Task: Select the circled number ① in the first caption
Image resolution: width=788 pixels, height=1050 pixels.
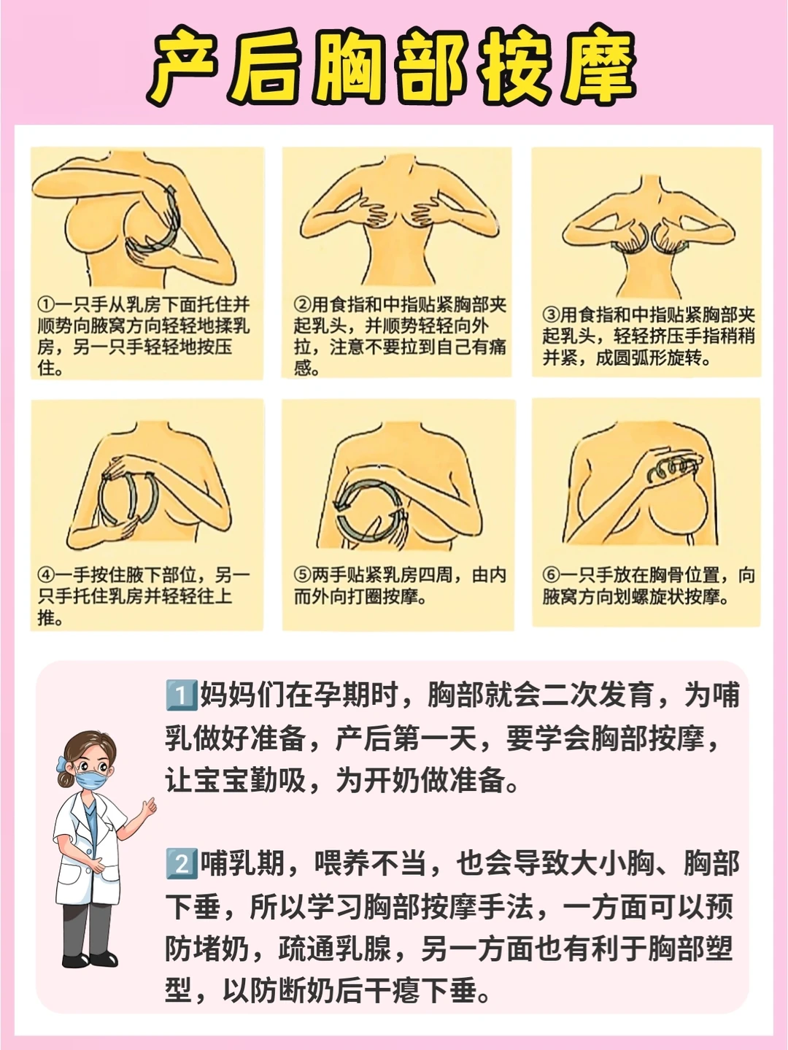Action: coord(46,305)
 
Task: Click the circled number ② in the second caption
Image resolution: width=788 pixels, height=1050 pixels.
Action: coord(302,305)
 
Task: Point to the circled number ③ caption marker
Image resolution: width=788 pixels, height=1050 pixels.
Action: coord(551,315)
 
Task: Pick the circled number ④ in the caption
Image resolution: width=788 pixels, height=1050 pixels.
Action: coord(46,574)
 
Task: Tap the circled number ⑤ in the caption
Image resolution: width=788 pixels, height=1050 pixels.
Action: coord(302,574)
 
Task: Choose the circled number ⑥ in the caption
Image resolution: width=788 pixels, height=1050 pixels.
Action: coord(551,574)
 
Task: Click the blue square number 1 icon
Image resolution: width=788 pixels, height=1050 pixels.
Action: coord(181,695)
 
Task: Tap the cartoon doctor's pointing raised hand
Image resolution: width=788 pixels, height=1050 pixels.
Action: coord(149,808)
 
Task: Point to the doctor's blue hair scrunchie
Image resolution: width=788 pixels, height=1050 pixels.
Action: coord(61,764)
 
